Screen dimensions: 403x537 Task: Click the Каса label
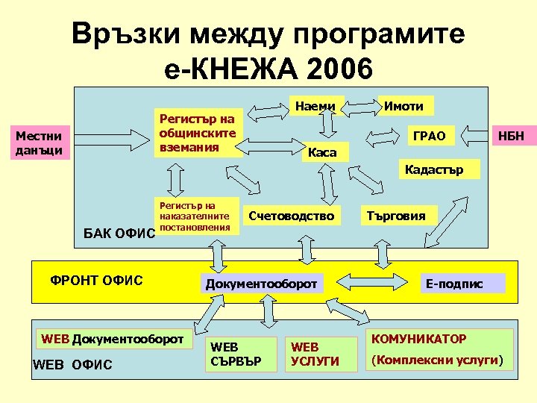322,153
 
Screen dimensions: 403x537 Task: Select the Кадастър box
433,169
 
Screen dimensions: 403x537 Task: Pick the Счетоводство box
292,216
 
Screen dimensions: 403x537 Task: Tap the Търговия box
395,216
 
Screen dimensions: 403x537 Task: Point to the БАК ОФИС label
119,234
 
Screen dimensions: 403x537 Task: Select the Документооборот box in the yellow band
261,284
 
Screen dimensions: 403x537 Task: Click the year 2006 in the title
333,69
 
